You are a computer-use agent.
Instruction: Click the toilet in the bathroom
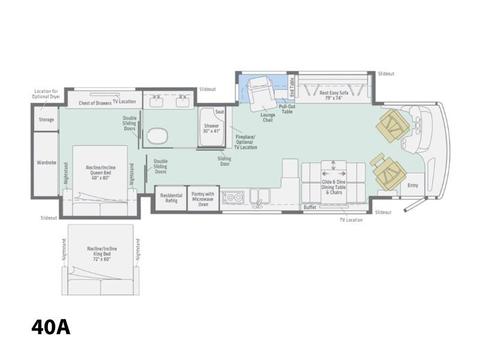point(157,136)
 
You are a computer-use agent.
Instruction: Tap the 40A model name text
point(51,327)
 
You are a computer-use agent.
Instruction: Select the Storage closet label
point(46,119)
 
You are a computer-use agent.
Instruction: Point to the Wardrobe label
point(47,163)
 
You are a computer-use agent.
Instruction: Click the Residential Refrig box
point(171,198)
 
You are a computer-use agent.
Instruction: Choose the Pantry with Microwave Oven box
point(203,199)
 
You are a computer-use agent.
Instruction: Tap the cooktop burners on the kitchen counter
point(233,197)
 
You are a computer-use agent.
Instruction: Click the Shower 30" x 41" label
point(212,128)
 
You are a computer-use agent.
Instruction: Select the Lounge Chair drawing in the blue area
point(260,94)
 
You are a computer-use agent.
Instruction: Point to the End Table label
point(292,87)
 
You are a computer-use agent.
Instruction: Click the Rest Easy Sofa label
point(334,95)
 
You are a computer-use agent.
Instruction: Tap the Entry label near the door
point(413,185)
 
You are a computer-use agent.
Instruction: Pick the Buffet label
point(310,207)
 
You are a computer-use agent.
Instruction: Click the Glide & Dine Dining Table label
point(334,187)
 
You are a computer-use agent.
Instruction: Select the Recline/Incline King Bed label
point(102,254)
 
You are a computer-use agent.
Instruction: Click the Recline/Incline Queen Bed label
point(101,173)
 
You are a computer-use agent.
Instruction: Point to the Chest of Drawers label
point(95,103)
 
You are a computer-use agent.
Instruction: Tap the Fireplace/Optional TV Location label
point(245,142)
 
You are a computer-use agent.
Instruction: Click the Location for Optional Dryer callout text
point(46,94)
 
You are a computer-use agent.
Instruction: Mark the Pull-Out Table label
point(287,109)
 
